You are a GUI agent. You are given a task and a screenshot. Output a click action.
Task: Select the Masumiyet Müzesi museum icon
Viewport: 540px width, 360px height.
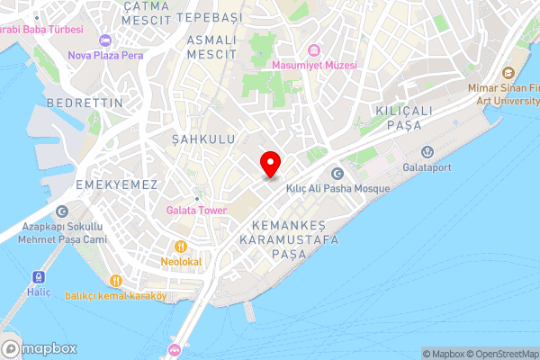[x=314, y=49]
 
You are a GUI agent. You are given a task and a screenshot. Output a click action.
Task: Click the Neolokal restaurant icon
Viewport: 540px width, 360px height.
[x=181, y=246]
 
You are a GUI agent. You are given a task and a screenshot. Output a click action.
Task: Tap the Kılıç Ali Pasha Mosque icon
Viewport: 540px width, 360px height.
[x=337, y=174]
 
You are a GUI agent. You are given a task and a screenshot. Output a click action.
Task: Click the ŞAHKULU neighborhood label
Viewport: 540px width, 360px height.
[x=202, y=139]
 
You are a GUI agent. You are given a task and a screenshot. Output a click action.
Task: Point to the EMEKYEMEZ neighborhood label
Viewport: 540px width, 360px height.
[x=118, y=184]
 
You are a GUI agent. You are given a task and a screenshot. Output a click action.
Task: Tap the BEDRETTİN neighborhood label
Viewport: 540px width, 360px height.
[x=85, y=103]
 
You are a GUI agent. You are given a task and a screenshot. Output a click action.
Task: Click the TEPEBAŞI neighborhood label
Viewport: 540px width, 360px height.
[x=211, y=17]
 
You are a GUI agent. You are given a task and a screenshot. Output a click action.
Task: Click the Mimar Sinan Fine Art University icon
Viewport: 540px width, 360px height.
[x=508, y=72]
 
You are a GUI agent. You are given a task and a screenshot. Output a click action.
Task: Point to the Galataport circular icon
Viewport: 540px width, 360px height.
[x=428, y=150]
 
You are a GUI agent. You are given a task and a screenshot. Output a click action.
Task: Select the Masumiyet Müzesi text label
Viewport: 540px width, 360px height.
[x=315, y=65]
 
